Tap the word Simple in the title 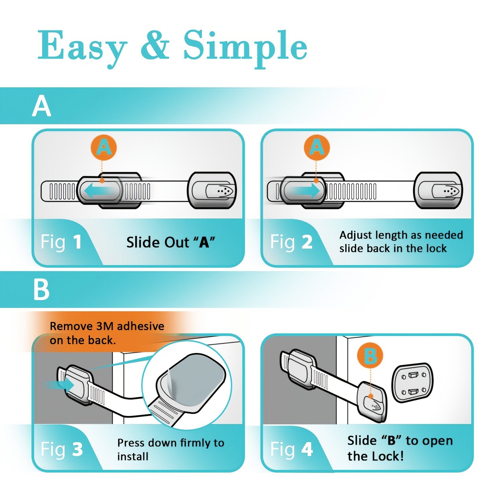pyautogui.click(x=245, y=47)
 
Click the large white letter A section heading pyautogui.click(x=41, y=106)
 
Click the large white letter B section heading pyautogui.click(x=41, y=289)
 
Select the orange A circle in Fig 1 pyautogui.click(x=104, y=148)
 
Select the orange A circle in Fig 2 pyautogui.click(x=317, y=148)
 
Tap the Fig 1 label pyautogui.click(x=61, y=242)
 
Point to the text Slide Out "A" pyautogui.click(x=170, y=242)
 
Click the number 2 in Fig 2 pyautogui.click(x=307, y=242)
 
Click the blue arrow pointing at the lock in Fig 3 pyautogui.click(x=60, y=385)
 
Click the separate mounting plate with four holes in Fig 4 pyautogui.click(x=412, y=383)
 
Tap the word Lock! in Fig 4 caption pyautogui.click(x=389, y=456)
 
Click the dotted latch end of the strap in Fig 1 pyautogui.click(x=221, y=191)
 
